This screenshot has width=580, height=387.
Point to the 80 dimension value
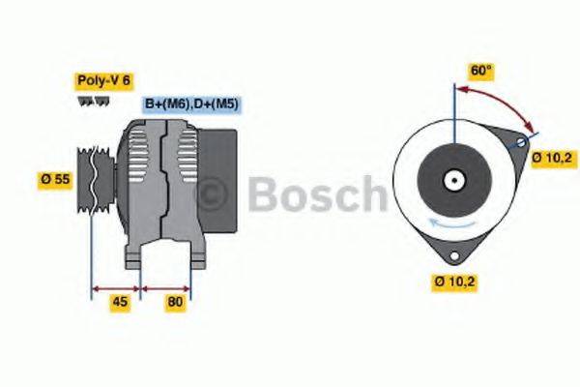click(175, 301)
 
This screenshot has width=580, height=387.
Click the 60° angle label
click(480, 71)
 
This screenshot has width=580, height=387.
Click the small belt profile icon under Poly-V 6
click(87, 101)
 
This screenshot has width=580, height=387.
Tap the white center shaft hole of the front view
click(452, 180)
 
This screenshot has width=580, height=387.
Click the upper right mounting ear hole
click(522, 143)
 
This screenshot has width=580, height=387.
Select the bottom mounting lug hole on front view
click(451, 254)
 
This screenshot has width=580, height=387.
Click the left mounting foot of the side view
click(135, 257)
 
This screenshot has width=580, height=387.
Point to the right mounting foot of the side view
click(196, 257)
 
